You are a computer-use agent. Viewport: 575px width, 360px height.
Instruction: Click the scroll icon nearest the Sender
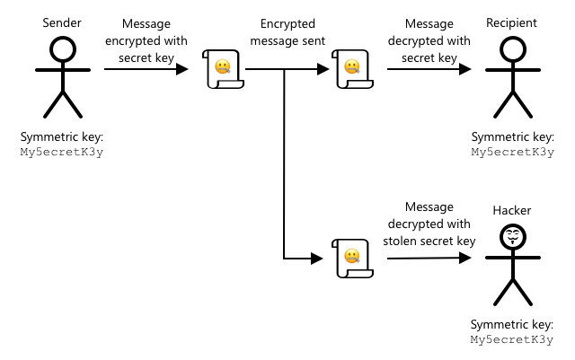click(x=223, y=69)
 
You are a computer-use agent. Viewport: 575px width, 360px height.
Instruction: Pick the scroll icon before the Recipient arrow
click(x=351, y=69)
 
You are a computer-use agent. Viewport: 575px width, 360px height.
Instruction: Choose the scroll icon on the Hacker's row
click(x=351, y=259)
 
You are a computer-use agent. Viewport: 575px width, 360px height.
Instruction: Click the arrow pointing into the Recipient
click(x=429, y=69)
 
